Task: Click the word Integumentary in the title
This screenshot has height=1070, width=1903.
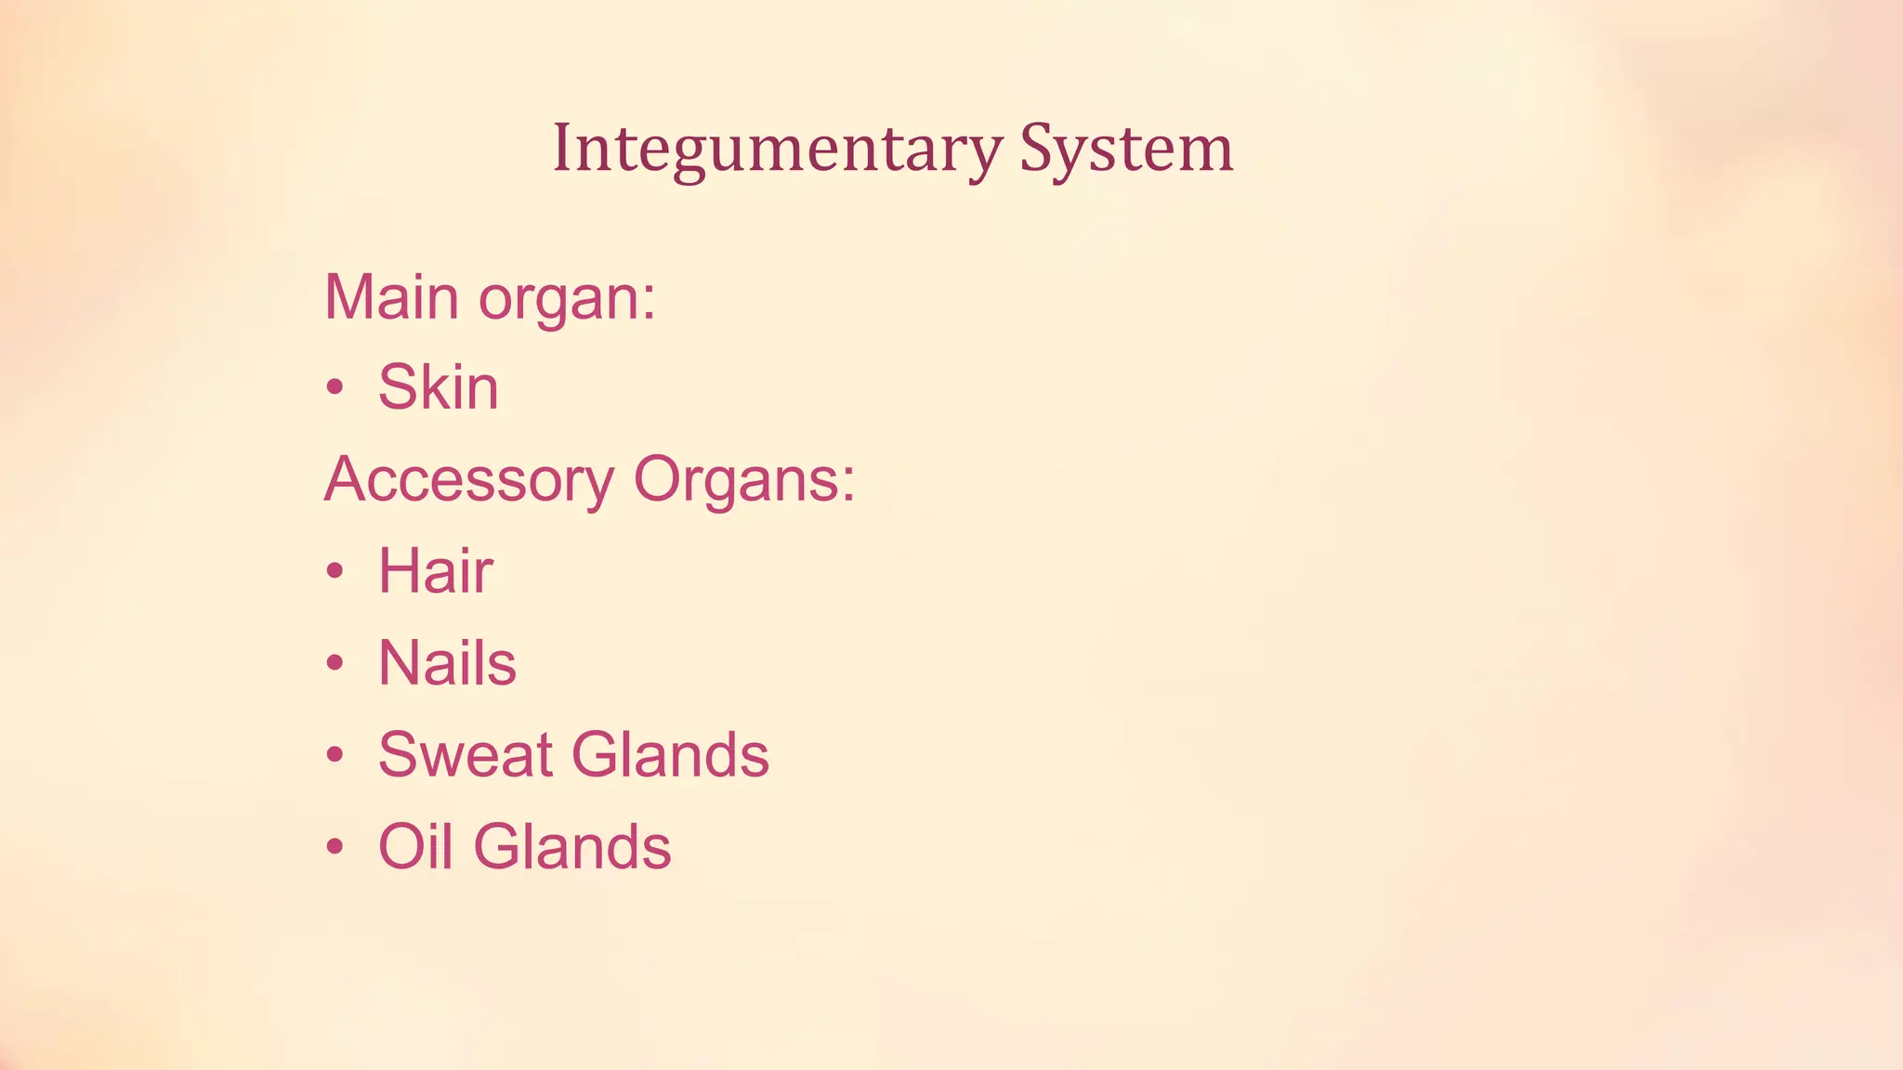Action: coord(777,149)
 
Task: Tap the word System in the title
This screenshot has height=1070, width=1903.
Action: coord(1126,149)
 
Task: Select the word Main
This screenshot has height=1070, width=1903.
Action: coord(391,297)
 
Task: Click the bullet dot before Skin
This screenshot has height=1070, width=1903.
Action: coord(335,388)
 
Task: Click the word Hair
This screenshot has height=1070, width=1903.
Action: coord(435,570)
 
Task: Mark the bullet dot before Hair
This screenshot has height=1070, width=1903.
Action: coord(335,571)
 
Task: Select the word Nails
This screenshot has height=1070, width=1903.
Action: coord(447,663)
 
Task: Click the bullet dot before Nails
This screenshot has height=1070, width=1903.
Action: coord(335,663)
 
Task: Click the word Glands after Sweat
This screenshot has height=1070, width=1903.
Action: coord(670,754)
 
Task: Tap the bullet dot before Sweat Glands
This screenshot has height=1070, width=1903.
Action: coord(335,755)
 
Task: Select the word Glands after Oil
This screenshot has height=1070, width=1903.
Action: coord(572,846)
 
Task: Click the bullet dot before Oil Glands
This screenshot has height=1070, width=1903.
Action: coord(335,847)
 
